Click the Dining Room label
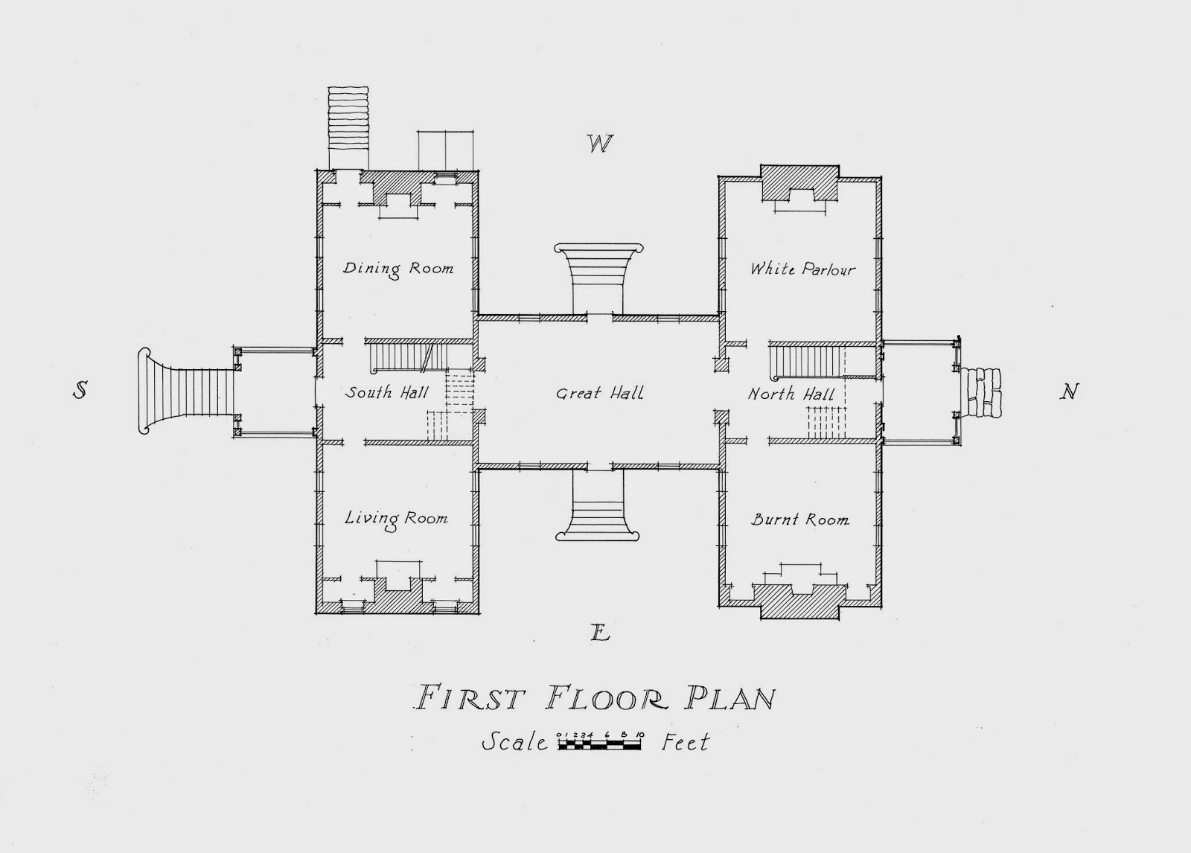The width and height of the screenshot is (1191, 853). [398, 269]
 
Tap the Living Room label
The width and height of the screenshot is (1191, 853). [396, 519]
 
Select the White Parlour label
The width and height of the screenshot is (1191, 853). [803, 269]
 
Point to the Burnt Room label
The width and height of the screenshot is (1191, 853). [799, 520]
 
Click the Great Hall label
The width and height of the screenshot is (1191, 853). [600, 394]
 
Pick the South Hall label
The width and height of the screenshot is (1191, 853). [386, 392]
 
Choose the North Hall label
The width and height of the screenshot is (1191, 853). [791, 394]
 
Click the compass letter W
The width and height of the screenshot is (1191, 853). [600, 144]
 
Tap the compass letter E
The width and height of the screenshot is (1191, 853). [600, 632]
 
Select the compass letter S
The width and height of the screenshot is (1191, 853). [80, 391]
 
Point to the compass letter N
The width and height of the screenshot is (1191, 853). [1069, 392]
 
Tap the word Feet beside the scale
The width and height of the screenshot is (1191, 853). [686, 742]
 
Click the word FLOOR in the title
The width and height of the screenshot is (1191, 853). [607, 698]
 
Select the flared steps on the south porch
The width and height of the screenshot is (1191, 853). [186, 391]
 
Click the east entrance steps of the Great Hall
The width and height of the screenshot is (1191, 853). [598, 505]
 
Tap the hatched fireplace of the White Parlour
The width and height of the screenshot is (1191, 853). [799, 183]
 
